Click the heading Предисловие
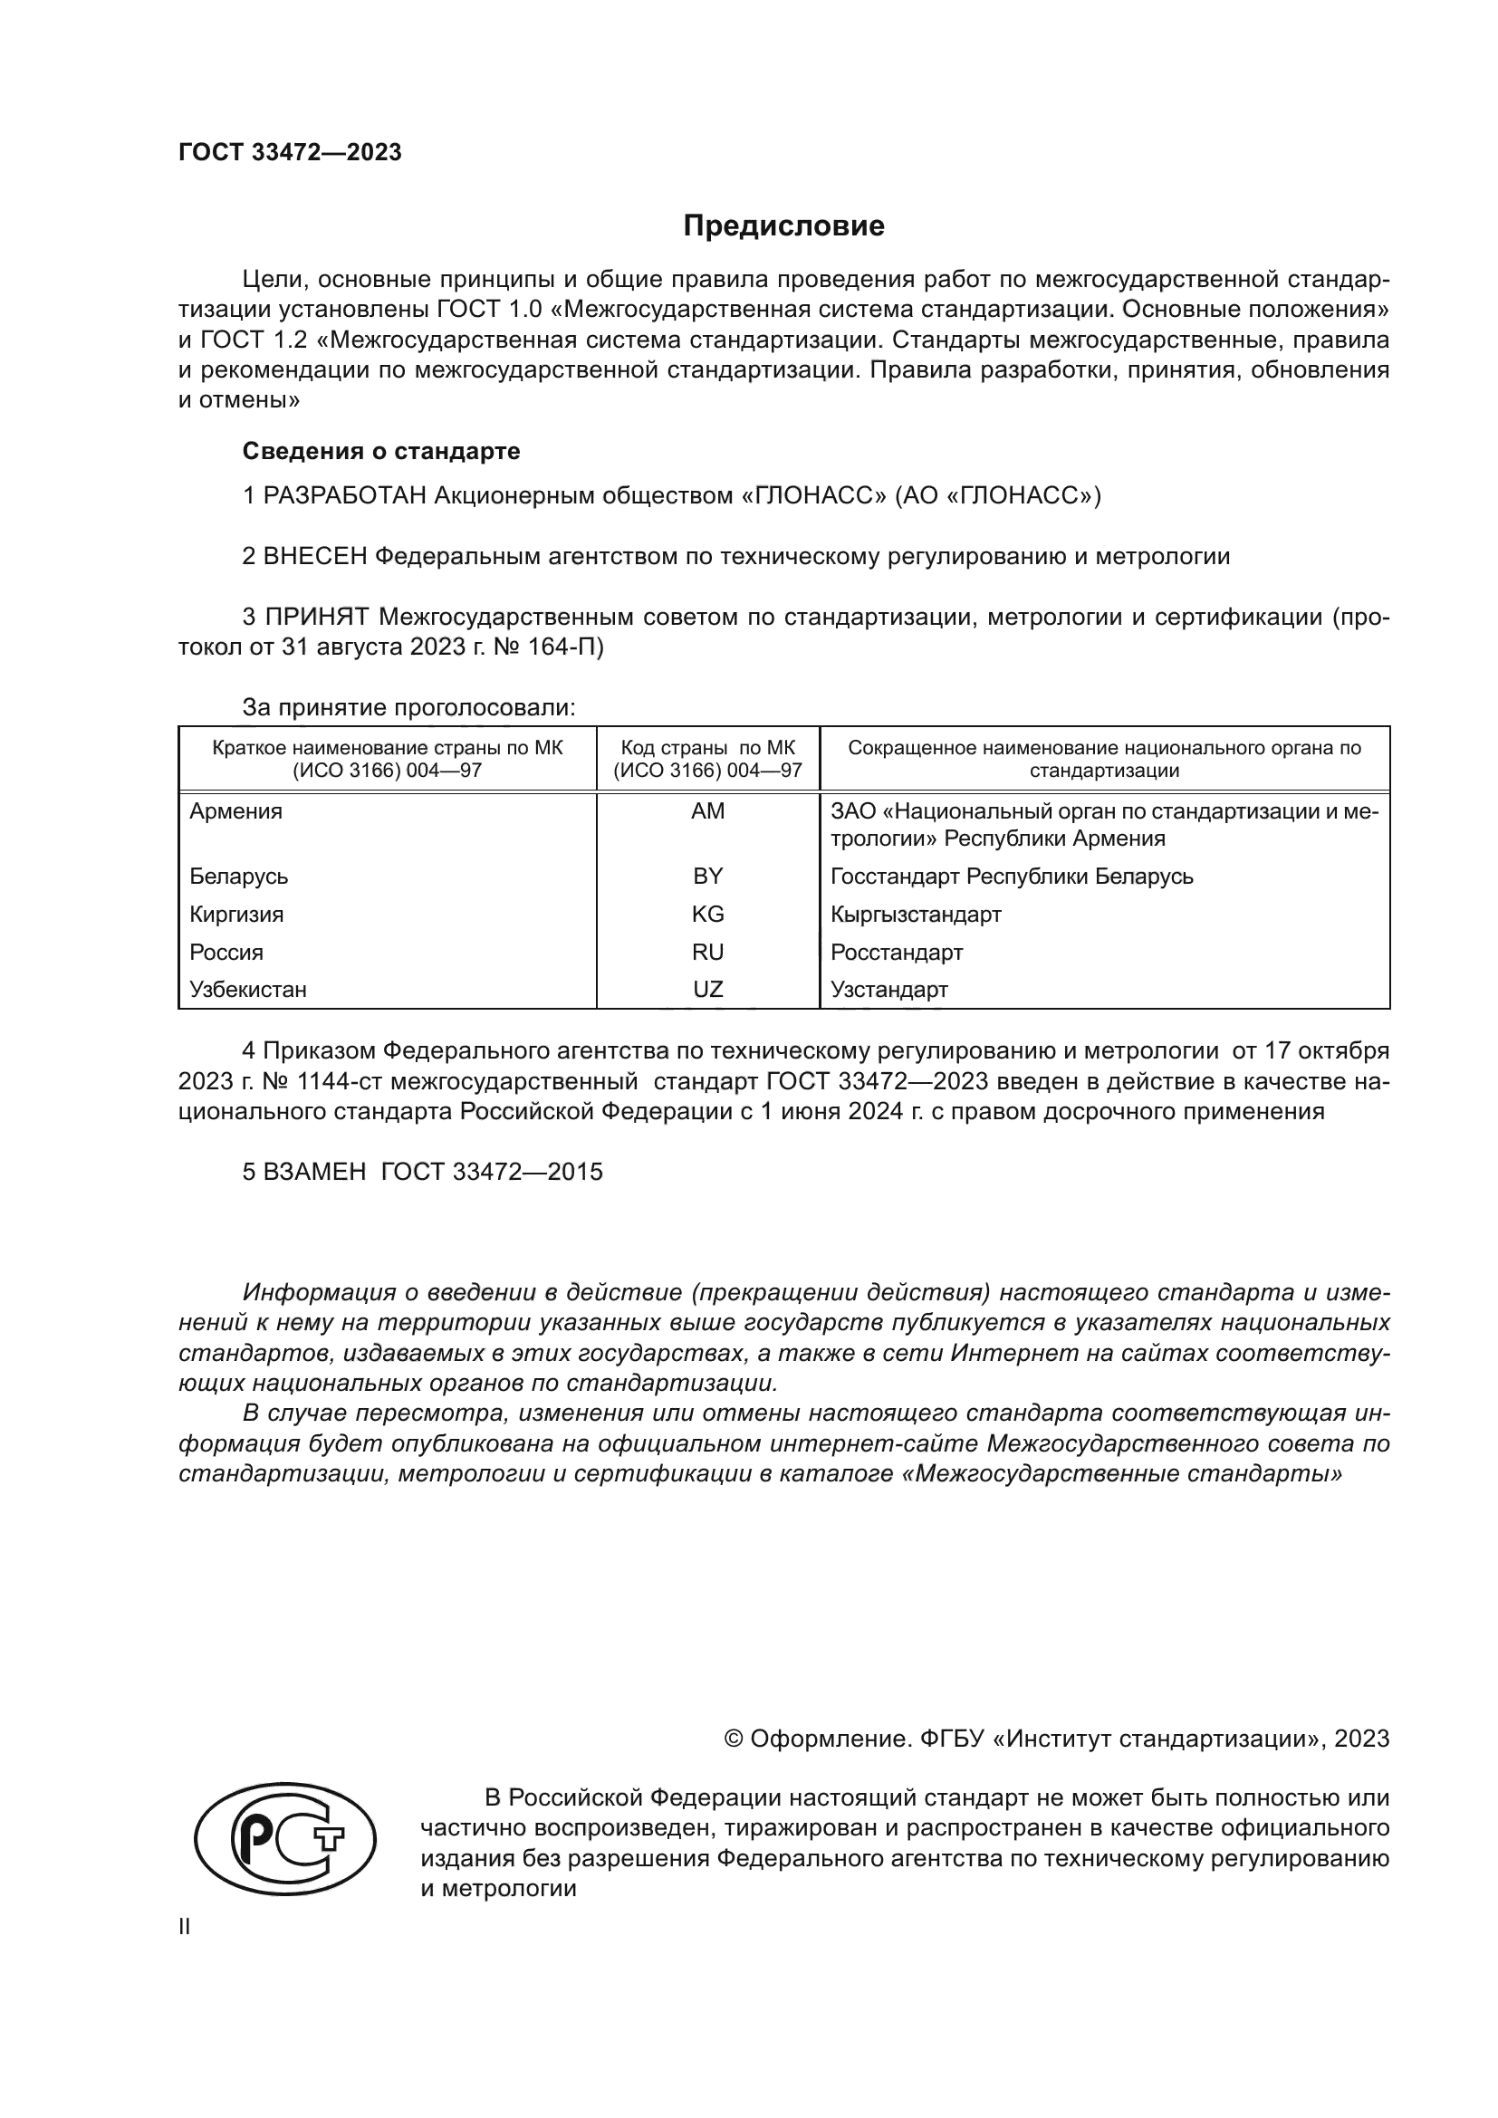pyautogui.click(x=783, y=226)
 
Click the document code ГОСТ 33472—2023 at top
pyautogui.click(x=290, y=153)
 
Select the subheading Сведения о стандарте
pyautogui.click(x=381, y=451)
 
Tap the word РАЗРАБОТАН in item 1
pyautogui.click(x=344, y=496)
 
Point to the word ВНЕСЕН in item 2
pyautogui.click(x=315, y=557)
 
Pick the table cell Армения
pyautogui.click(x=236, y=811)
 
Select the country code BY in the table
pyautogui.click(x=707, y=877)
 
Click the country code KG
pyautogui.click(x=707, y=915)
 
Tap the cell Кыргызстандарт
pyautogui.click(x=915, y=915)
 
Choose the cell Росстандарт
pyautogui.click(x=896, y=953)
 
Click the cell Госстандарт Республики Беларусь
pyautogui.click(x=1011, y=877)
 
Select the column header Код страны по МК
pyautogui.click(x=707, y=748)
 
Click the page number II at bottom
pyautogui.click(x=185, y=1927)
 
